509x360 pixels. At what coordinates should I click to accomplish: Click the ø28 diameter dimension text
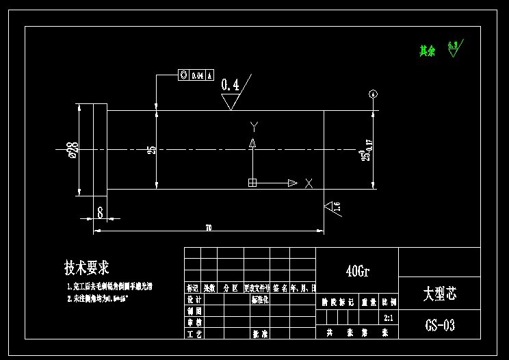[72, 149]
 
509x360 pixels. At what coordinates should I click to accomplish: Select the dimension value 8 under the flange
[100, 213]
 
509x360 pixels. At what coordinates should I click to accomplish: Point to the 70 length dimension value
[208, 227]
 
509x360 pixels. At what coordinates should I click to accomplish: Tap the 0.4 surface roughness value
[231, 86]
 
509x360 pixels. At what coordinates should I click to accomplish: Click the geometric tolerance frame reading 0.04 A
[196, 75]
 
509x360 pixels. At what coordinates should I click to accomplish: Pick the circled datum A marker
[373, 94]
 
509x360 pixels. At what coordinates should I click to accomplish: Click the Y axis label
[254, 126]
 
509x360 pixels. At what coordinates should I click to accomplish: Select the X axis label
[309, 183]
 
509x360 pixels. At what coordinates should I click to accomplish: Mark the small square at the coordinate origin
[252, 183]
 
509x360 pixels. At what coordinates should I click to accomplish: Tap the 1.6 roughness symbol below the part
[333, 208]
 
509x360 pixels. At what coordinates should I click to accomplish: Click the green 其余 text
[427, 51]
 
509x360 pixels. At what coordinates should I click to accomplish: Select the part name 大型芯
[439, 294]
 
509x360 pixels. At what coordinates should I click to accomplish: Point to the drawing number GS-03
[439, 324]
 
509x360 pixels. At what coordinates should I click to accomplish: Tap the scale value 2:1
[389, 318]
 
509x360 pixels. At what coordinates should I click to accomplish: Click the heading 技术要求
[88, 267]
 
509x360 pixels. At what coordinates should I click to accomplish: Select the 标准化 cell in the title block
[261, 300]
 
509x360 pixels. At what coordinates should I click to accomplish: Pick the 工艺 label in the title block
[194, 333]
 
